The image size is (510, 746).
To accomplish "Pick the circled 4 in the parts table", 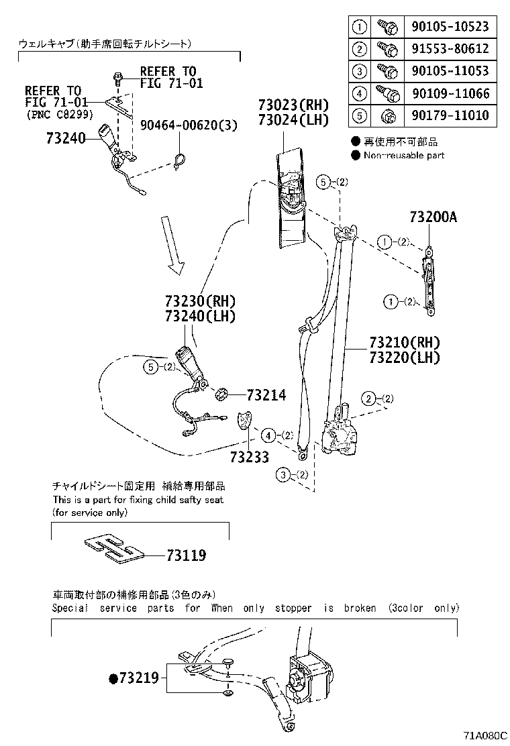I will coord(360,93).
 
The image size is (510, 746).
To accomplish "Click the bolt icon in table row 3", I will coord(388,71).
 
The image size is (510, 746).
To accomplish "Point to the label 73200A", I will coord(433,217).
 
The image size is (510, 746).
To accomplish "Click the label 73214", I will coord(266,396).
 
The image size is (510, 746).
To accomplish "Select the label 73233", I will coord(249,458).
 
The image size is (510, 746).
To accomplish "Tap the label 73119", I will coord(186,555).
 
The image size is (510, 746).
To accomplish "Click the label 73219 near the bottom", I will coord(139,678).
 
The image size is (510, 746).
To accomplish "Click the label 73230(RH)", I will coord(201,301).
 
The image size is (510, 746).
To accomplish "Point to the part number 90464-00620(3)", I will coord(189,124).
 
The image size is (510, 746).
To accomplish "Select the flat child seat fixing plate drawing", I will coord(115,548).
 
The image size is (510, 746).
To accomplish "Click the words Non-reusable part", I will coord(403,156).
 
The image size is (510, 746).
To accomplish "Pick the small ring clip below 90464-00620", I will coord(179,161).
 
